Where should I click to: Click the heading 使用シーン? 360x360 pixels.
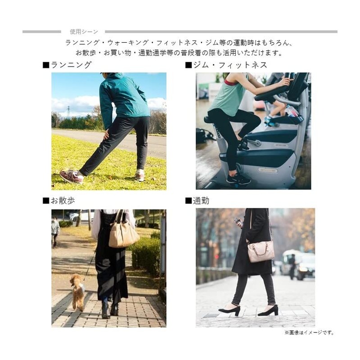(84, 31)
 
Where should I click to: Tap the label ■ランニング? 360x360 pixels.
(67, 65)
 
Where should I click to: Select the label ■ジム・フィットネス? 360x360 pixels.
(226, 65)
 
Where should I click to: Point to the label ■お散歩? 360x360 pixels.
(59, 201)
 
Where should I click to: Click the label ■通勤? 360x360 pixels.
(197, 201)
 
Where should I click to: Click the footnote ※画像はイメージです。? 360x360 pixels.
(309, 332)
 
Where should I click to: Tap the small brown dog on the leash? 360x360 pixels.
(78, 292)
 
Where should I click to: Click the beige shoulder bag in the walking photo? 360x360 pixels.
(123, 231)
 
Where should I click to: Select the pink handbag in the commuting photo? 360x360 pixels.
(261, 251)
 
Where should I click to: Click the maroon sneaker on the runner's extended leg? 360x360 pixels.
(72, 176)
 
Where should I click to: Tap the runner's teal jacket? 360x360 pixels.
(124, 100)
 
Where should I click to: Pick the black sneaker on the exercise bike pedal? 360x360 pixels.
(238, 179)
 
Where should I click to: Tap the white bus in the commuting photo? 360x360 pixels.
(298, 264)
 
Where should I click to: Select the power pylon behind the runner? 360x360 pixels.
(68, 111)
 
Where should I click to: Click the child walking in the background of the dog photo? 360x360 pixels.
(55, 232)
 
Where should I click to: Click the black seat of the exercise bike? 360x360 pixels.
(208, 120)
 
